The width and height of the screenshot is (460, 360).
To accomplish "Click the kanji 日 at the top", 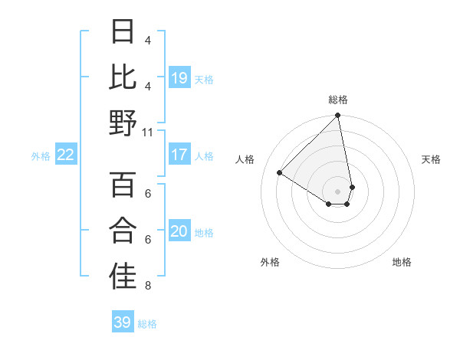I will click(123, 31).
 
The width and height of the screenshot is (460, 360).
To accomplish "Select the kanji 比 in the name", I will click(123, 77).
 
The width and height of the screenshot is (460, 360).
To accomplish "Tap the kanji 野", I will click(123, 123).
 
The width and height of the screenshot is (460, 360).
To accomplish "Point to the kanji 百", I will click(123, 185).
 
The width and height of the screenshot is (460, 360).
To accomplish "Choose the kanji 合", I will click(123, 231).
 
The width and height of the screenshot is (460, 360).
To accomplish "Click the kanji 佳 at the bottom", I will click(123, 277).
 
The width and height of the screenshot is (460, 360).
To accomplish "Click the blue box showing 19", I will click(179, 77).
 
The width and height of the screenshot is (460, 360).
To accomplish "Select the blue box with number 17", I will click(179, 155).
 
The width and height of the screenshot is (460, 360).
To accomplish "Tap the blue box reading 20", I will click(179, 231).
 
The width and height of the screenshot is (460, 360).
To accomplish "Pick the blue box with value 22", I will click(65, 155).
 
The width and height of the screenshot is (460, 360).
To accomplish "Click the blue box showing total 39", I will click(122, 322).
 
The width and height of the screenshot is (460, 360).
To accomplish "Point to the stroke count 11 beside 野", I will click(148, 132).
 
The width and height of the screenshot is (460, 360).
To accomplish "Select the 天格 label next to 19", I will click(204, 79).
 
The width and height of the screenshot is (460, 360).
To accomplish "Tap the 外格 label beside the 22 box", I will click(41, 156).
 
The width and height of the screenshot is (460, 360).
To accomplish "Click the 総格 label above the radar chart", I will click(338, 100).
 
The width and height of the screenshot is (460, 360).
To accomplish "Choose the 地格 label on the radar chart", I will click(402, 262).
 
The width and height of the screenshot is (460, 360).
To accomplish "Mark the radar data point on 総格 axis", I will click(338, 116).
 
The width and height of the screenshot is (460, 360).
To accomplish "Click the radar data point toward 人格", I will click(280, 173).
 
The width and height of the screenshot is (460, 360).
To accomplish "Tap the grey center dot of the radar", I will click(338, 191).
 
